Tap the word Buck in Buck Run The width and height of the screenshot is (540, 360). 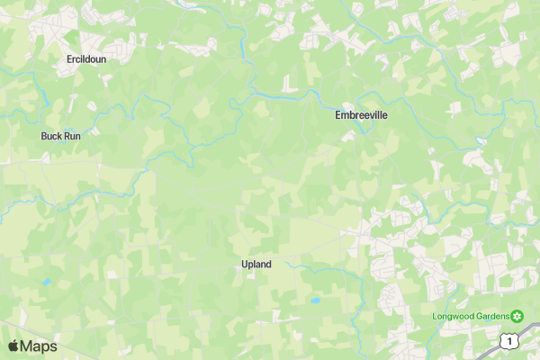[50, 137]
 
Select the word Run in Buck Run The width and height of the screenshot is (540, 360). [71, 137]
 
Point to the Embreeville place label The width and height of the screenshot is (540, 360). [362, 115]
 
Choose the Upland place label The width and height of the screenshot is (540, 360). [256, 265]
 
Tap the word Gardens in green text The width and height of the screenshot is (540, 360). [492, 316]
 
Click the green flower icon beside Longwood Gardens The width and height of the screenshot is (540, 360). [517, 315]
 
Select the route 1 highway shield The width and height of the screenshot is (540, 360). [510, 341]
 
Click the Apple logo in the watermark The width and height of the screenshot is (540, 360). [13, 346]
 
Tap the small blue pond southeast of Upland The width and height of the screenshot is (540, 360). [315, 301]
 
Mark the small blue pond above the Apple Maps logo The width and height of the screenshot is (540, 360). [46, 282]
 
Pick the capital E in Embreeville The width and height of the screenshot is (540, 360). [338, 115]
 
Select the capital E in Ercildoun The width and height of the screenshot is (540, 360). [69, 59]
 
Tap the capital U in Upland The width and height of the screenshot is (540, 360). [244, 265]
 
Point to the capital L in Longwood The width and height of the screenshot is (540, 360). [434, 316]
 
